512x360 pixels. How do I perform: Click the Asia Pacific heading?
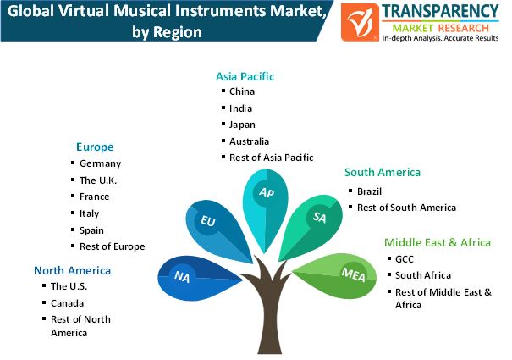(x=245, y=76)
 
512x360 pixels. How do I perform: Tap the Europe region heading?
(x=95, y=147)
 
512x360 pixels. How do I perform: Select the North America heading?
(x=72, y=270)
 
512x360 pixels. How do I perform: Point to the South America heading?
(x=383, y=172)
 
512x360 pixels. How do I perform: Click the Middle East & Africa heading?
(x=438, y=242)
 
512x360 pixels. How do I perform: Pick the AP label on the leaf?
(x=267, y=192)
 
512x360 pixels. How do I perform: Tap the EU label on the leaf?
(x=208, y=221)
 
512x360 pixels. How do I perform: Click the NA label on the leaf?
(x=182, y=277)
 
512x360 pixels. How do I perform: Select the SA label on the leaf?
(x=319, y=218)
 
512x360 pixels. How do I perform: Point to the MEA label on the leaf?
(x=353, y=274)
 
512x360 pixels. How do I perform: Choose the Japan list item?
(x=242, y=125)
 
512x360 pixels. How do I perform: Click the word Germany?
(x=100, y=163)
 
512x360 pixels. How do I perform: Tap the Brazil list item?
(x=369, y=191)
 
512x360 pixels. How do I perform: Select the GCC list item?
(x=405, y=259)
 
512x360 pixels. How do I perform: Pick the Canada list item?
(x=67, y=303)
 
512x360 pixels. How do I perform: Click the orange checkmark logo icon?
(x=360, y=22)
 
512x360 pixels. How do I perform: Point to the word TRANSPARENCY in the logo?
(x=440, y=12)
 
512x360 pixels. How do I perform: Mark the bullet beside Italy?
(x=73, y=213)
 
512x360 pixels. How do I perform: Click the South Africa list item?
(x=423, y=275)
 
